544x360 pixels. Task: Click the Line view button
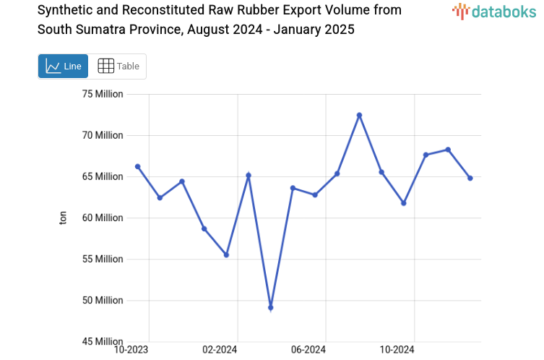(x=63, y=67)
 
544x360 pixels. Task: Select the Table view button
(x=118, y=67)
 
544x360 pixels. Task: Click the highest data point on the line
(x=359, y=115)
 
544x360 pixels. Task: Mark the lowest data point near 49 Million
(x=271, y=308)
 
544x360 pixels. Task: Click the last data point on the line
(x=470, y=178)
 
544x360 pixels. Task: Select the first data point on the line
(x=138, y=166)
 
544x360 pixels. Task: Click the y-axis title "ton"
(x=63, y=218)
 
